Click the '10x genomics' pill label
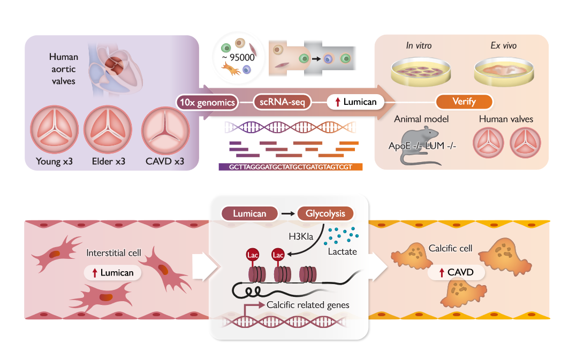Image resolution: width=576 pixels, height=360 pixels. point(207,102)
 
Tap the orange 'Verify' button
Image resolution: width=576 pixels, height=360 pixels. point(464,102)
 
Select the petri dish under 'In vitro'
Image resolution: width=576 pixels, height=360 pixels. point(419,72)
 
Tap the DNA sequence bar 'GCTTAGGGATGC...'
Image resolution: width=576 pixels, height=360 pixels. point(291,166)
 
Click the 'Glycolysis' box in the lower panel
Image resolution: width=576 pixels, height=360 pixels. point(325,213)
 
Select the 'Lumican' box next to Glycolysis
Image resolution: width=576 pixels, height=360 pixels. point(249,213)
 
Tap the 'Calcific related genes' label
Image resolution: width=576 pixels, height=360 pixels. point(308,305)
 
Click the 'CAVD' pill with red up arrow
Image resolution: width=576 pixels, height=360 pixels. point(456,273)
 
